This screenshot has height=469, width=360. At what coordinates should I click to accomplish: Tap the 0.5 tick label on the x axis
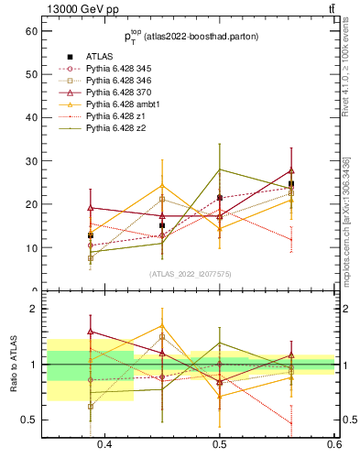pos(220,446)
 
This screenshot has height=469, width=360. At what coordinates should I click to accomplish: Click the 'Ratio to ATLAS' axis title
pos(12,365)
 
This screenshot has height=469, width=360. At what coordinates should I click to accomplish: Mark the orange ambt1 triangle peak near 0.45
pos(162,186)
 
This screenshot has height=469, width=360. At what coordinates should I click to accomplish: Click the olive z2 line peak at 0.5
pos(220,169)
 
